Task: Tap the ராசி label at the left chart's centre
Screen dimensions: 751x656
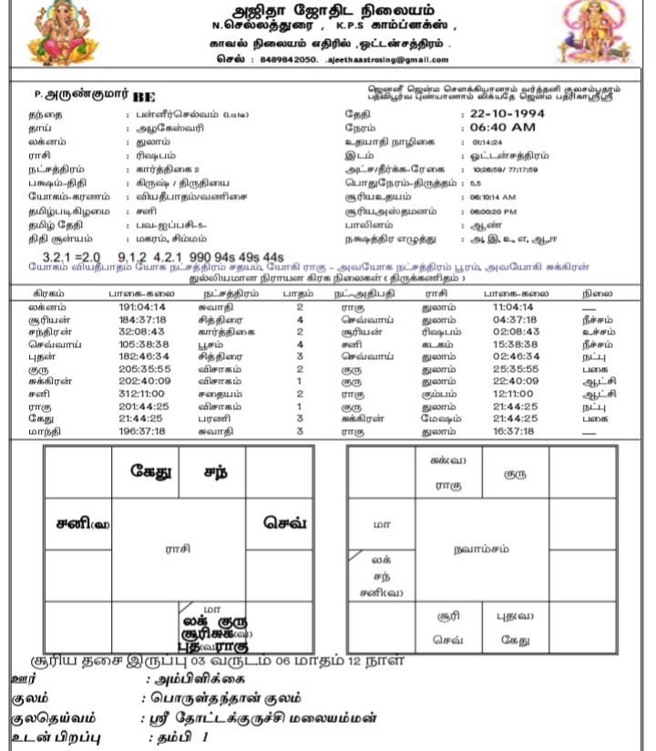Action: tap(177, 549)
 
